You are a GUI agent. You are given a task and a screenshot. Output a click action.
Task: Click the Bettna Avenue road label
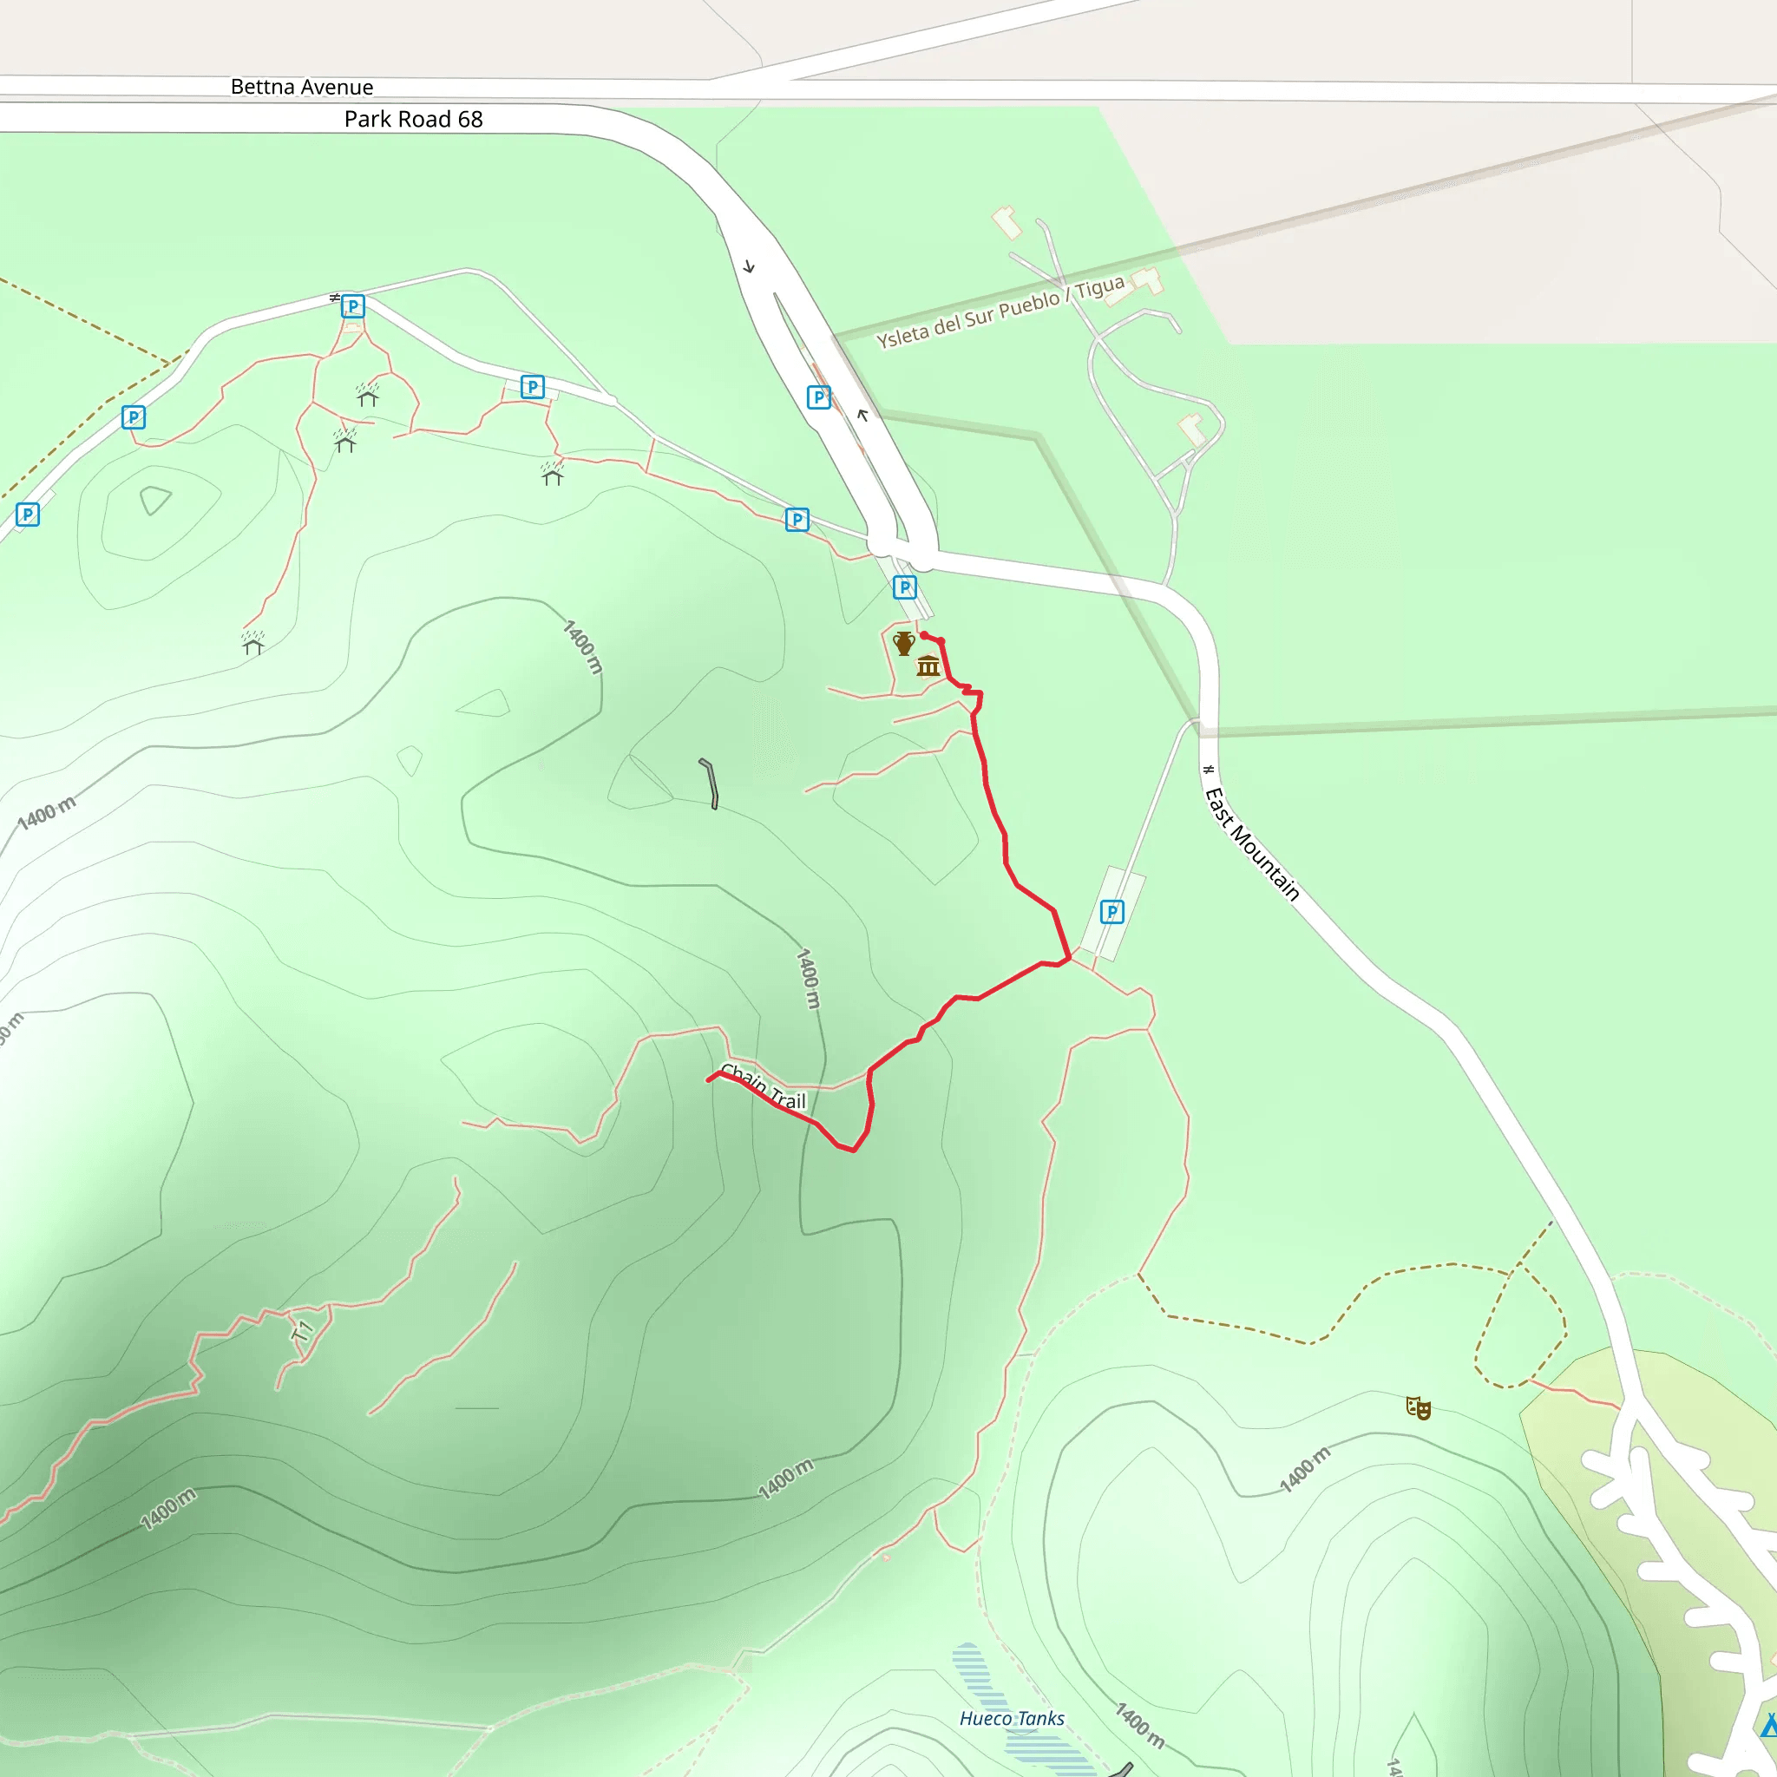tap(302, 88)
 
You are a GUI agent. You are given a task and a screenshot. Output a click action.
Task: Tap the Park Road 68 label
tap(413, 120)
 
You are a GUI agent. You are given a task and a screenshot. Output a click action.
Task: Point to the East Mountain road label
tap(1252, 843)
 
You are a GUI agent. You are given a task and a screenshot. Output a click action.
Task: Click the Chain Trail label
tap(764, 1087)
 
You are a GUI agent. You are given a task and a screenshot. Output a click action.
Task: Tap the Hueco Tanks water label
tap(1012, 1718)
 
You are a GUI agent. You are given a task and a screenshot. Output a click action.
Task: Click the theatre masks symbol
tap(1418, 1408)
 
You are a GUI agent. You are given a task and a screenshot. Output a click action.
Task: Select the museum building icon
tap(928, 666)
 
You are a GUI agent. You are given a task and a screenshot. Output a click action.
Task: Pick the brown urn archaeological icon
tap(903, 643)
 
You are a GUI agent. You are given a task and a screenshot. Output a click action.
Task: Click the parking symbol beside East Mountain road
tap(1112, 913)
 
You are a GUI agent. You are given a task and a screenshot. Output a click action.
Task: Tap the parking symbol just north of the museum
tap(904, 587)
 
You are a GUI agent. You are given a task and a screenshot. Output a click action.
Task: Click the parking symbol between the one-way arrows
tap(817, 397)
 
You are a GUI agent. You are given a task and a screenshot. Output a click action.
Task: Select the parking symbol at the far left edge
tap(28, 515)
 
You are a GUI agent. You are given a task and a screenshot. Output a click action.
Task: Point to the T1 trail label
tap(303, 1330)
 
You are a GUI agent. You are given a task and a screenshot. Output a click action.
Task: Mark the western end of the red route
tap(709, 1079)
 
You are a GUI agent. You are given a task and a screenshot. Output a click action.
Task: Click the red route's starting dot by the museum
tap(923, 634)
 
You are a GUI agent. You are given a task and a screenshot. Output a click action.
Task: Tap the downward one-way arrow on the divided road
tap(749, 266)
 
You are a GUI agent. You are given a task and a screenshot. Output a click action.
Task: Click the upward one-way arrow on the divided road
tap(862, 415)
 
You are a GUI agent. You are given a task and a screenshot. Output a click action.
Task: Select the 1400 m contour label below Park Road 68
tap(582, 646)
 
